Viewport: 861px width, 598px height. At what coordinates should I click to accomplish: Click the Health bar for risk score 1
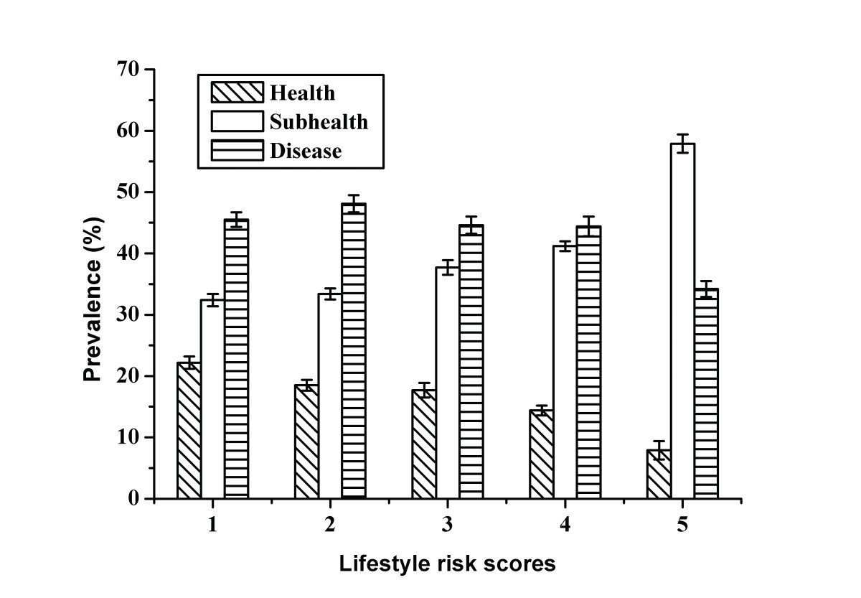[189, 431]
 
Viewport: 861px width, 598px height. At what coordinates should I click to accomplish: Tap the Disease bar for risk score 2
[353, 351]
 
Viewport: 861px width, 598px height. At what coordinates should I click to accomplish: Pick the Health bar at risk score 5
[659, 474]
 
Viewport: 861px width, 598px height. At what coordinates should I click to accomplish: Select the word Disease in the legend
[306, 151]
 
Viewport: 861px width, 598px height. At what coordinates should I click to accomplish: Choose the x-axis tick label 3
[447, 525]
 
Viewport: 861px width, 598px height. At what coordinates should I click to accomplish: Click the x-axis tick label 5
[682, 525]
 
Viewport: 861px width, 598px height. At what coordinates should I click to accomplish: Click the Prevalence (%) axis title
[93, 284]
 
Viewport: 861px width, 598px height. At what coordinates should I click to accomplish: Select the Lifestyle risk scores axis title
[447, 564]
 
